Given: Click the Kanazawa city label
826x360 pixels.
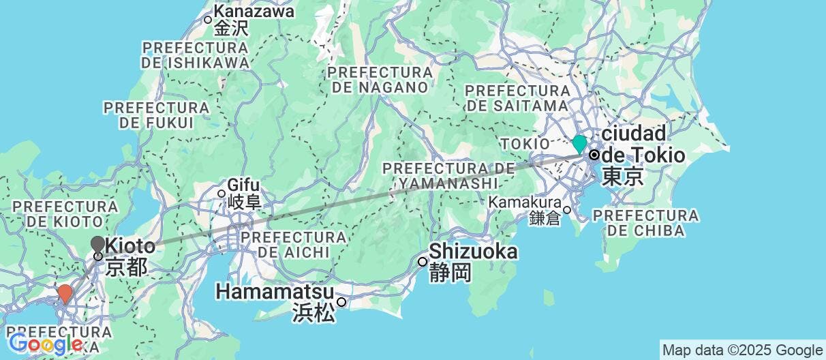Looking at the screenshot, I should coord(254,12).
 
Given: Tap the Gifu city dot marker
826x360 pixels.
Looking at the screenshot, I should coord(221,193).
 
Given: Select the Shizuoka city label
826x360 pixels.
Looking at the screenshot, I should coord(472,252).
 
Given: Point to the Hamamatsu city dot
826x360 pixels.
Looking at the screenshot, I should coord(341,302).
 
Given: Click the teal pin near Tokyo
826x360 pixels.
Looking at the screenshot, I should coord(579,143).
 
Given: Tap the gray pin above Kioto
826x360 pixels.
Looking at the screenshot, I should coord(97,244).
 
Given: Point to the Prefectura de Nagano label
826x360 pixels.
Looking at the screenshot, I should coord(379,80).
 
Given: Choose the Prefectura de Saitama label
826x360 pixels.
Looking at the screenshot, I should coord(517,97).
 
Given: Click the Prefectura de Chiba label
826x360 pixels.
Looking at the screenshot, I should coord(645,222).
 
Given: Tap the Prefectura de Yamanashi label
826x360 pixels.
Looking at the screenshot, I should coord(447,175).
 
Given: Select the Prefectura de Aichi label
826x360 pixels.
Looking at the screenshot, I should coord(294,244).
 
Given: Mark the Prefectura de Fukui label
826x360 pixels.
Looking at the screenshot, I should coord(156,115).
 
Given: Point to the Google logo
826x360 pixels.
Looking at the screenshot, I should coord(45,344).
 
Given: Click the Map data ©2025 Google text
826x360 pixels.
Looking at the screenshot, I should coord(743,349).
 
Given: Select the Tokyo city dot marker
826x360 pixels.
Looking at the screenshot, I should coord(594,155).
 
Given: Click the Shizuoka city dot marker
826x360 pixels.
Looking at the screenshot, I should coord(423,261).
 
